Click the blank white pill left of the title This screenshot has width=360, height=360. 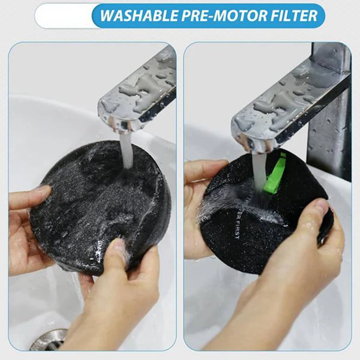pyautogui.click(x=63, y=16)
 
